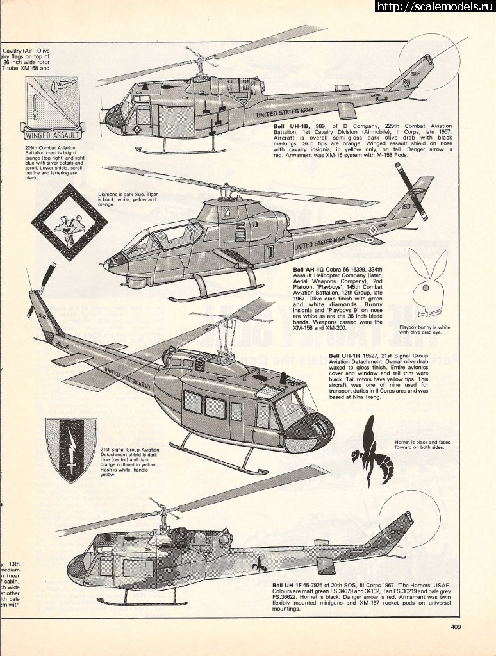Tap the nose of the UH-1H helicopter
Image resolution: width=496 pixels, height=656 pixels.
point(317,430)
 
